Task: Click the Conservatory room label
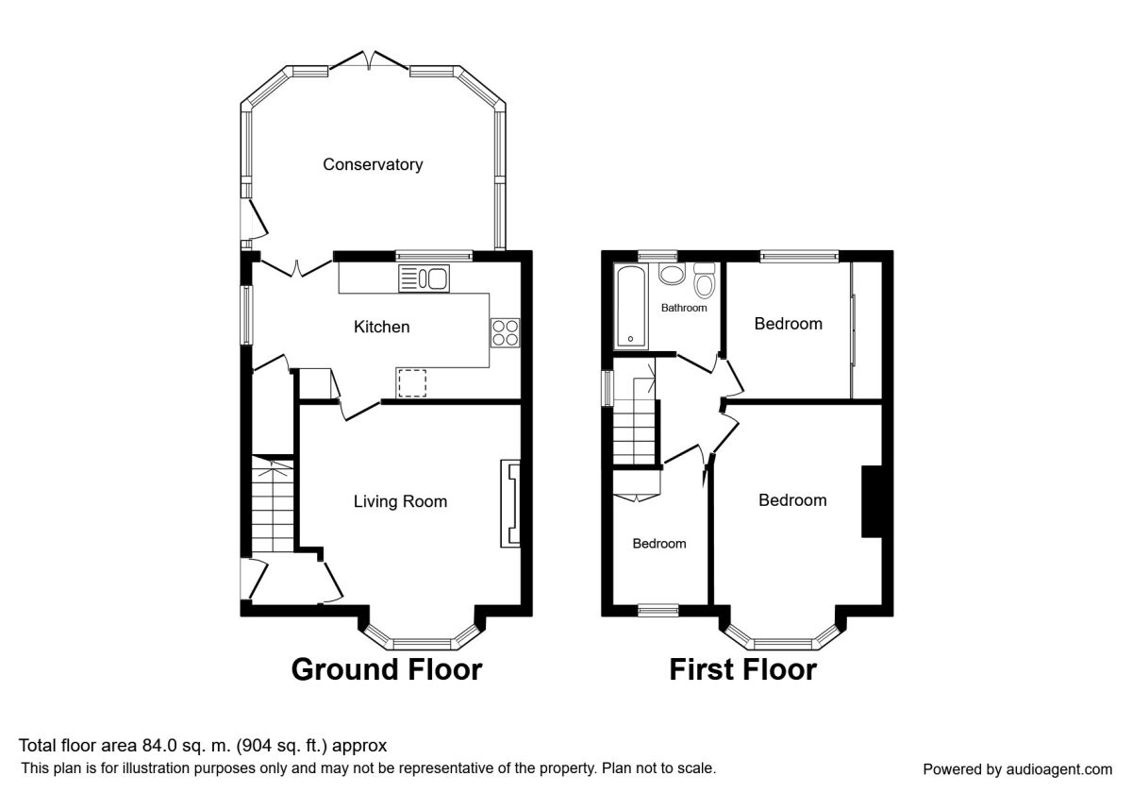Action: (x=373, y=164)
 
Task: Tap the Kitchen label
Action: (x=381, y=327)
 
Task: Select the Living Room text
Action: (x=400, y=501)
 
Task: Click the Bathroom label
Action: (x=683, y=308)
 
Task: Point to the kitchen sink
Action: (x=425, y=278)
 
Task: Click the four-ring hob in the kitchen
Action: (x=505, y=332)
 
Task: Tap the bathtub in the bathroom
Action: (x=629, y=307)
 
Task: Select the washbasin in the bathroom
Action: (x=673, y=275)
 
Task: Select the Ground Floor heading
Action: (x=387, y=669)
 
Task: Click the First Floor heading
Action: (x=742, y=669)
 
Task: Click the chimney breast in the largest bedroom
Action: (x=871, y=501)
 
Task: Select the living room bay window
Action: (x=420, y=641)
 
